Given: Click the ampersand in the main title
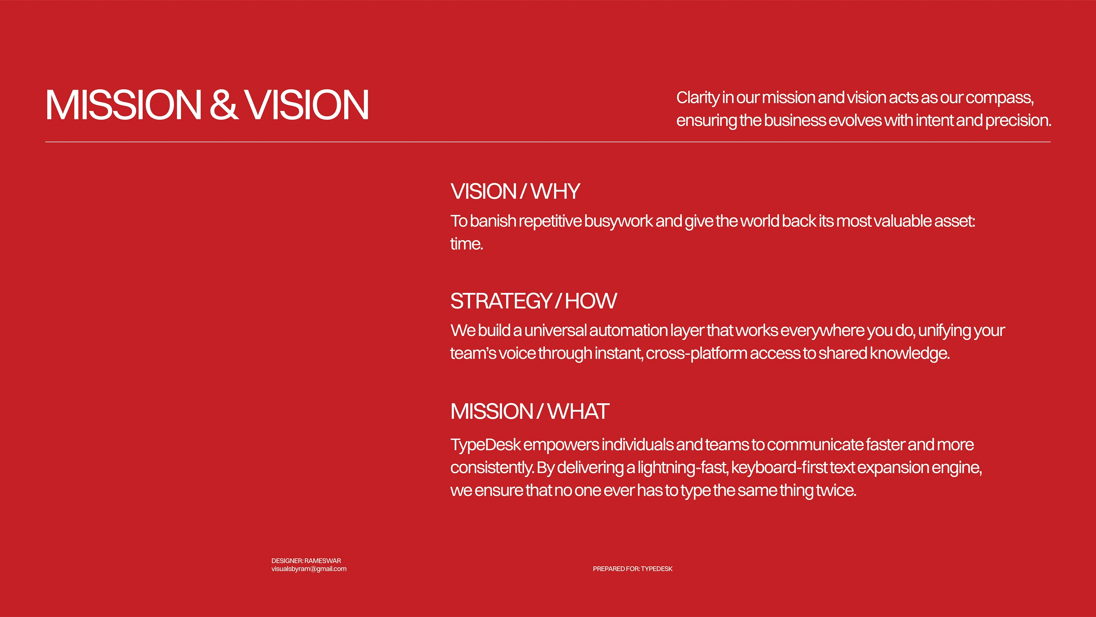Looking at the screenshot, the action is [223, 105].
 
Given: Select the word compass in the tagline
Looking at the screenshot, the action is [1000, 98].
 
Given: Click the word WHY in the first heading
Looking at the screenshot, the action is [556, 192].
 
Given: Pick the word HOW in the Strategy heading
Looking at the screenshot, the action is [591, 301].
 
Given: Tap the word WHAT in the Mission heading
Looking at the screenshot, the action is [579, 411].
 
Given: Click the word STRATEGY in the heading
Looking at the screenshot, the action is [501, 301].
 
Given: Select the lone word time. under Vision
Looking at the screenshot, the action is [467, 244].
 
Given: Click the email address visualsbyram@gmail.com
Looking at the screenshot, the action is [309, 569].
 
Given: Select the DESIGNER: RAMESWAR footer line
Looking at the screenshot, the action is [306, 561].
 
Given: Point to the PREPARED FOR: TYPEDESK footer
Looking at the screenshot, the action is [633, 569].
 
